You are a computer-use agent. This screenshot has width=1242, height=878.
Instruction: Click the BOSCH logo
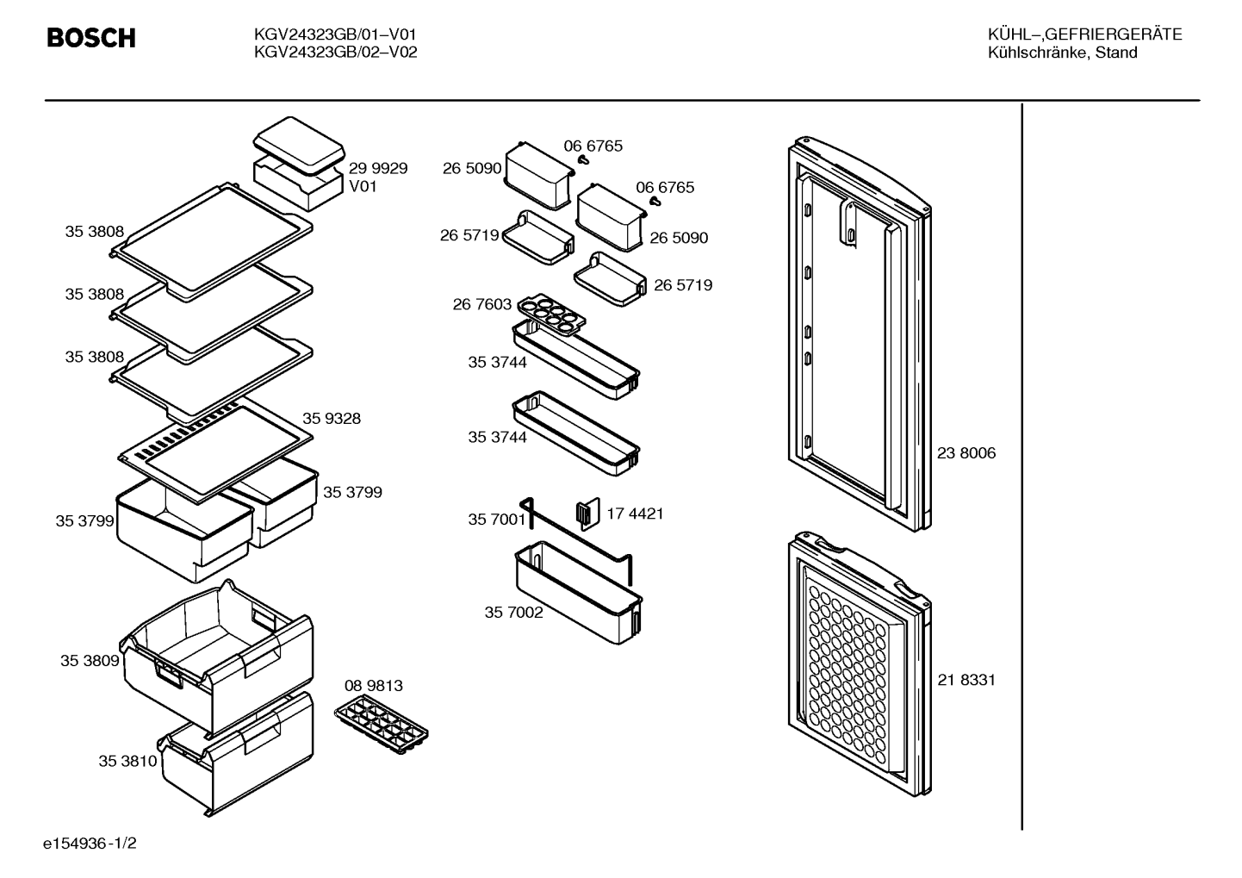tap(91, 38)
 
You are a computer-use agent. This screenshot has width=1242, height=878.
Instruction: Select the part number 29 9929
tap(377, 168)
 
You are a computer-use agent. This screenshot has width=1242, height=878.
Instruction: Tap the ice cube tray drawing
tap(382, 724)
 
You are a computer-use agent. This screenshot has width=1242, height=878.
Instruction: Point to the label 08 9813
tap(373, 686)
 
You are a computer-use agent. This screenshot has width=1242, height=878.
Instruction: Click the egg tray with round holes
tap(552, 314)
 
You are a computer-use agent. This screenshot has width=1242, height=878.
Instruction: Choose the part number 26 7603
tap(481, 304)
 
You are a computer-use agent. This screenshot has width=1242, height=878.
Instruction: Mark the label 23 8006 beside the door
tap(966, 453)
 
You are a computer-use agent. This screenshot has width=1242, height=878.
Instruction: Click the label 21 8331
tap(966, 680)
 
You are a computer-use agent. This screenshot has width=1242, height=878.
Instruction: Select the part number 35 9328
tap(332, 418)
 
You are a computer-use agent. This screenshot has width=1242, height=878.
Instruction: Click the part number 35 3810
tap(128, 761)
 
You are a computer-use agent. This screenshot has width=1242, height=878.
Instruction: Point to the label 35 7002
tap(514, 613)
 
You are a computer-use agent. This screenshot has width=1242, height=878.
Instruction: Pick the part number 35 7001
tap(497, 520)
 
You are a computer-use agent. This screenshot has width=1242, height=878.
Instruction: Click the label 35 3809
tap(90, 661)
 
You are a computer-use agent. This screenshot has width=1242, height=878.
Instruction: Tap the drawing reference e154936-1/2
tap(90, 844)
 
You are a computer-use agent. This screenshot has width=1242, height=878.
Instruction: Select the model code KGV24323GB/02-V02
tap(335, 53)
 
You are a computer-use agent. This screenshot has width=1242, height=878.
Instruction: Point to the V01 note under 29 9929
tap(363, 186)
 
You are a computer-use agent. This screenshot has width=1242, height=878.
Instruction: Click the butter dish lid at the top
tap(299, 144)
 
